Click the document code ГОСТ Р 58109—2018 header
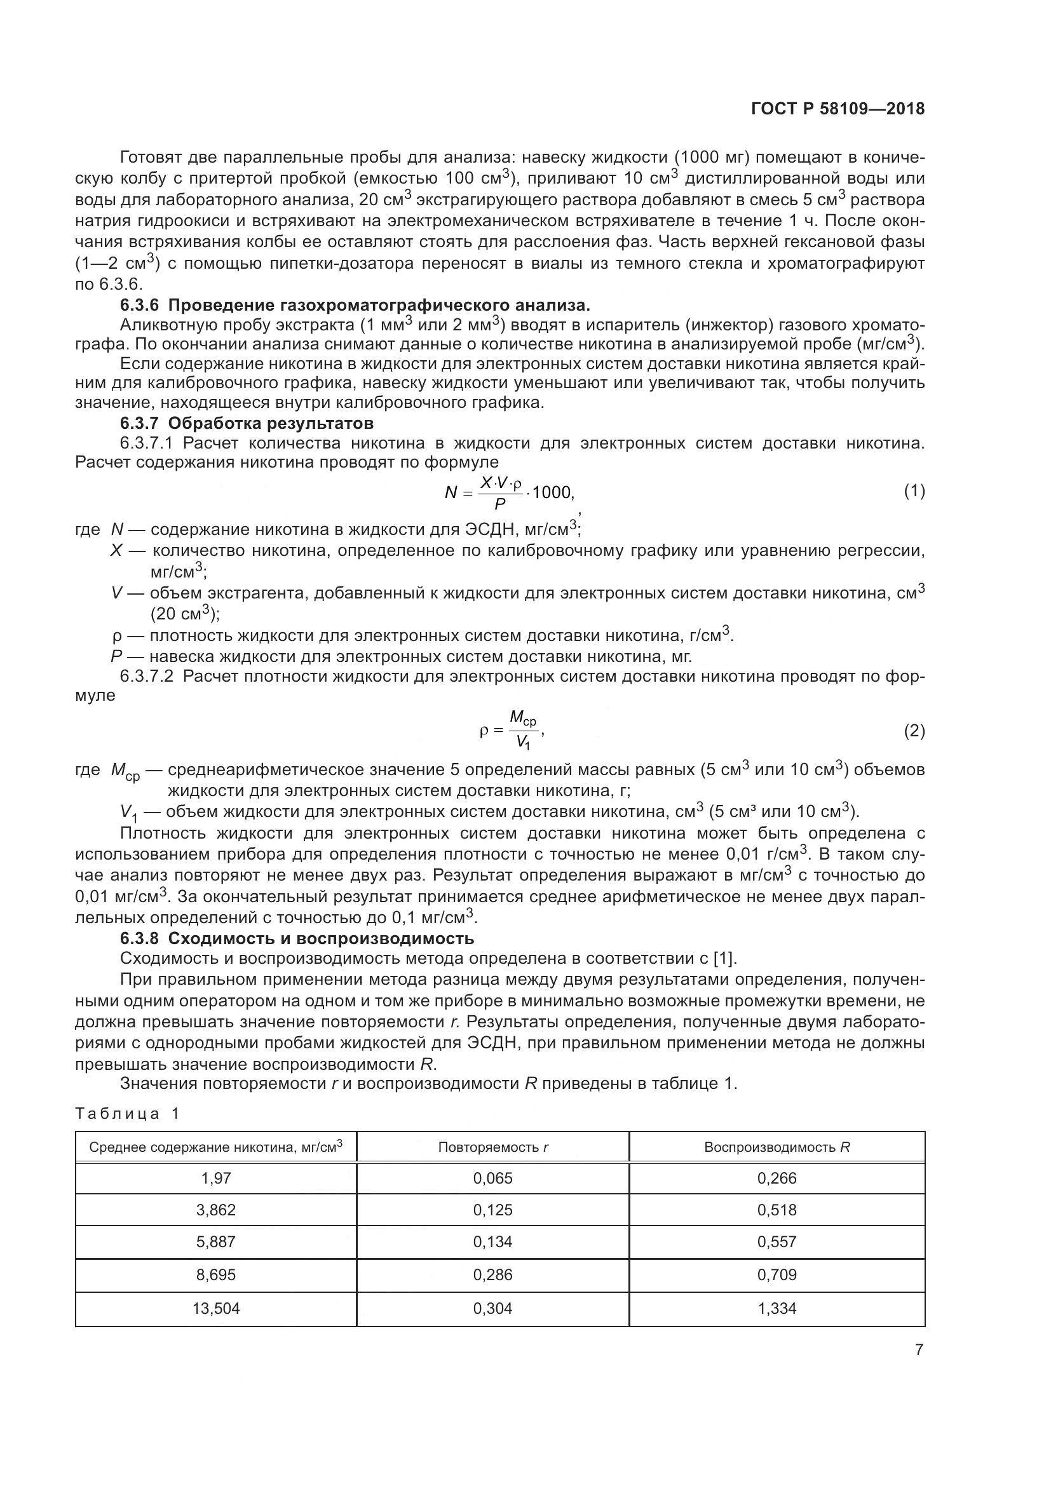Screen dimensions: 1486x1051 tap(837, 109)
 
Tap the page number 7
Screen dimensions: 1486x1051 tap(919, 1350)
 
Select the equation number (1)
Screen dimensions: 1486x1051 tap(914, 491)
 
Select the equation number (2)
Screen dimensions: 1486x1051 tap(914, 731)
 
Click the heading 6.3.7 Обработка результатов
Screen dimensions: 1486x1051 tap(247, 423)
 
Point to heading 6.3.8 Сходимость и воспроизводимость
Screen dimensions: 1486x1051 tap(297, 938)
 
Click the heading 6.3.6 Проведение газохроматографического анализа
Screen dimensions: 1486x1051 tap(355, 304)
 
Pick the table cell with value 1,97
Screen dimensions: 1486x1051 tap(215, 1178)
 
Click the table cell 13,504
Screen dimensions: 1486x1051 tap(215, 1308)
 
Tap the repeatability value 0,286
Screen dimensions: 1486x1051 tap(492, 1274)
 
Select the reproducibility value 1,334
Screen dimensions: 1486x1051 tap(776, 1308)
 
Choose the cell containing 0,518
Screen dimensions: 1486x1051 tap(776, 1210)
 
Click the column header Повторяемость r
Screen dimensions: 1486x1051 tap(492, 1147)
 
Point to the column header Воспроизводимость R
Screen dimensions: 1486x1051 tap(776, 1147)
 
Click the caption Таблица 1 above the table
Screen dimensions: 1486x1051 tap(127, 1113)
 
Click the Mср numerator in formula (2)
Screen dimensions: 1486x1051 tap(522, 718)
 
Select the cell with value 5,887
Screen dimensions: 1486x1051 tap(215, 1241)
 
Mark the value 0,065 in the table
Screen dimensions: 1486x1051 tap(492, 1178)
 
